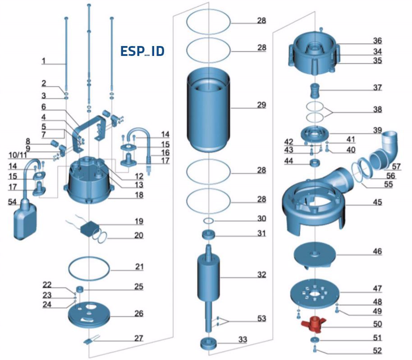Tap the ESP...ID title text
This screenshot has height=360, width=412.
(x=142, y=51)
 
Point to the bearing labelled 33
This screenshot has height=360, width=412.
(x=209, y=343)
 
